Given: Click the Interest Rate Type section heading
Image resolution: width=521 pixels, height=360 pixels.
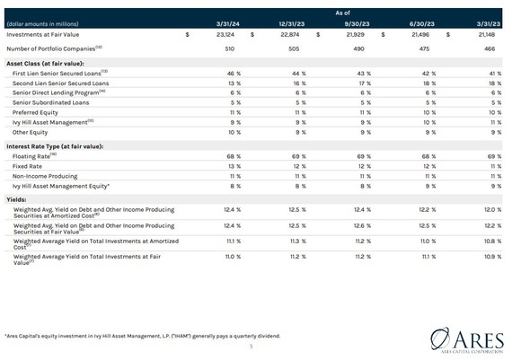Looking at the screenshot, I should pyautogui.click(x=54, y=145).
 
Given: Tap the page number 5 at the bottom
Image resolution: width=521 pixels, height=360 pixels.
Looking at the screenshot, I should pyautogui.click(x=252, y=347).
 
